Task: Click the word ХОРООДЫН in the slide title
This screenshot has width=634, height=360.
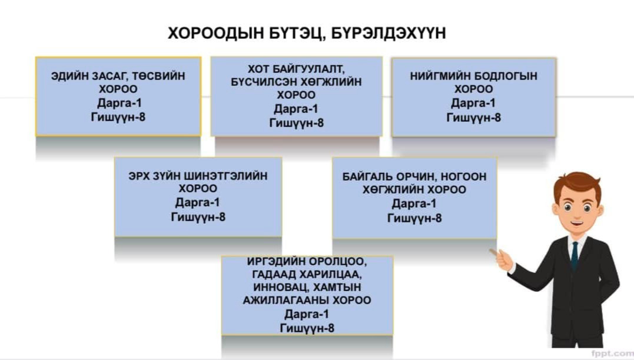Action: coord(216,33)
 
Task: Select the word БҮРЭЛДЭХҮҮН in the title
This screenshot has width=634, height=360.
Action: coord(389,33)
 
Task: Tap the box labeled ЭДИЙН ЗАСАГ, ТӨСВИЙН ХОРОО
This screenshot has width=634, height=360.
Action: coord(118,96)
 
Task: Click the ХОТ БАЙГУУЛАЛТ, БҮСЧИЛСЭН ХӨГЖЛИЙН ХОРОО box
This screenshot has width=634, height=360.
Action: coord(296,96)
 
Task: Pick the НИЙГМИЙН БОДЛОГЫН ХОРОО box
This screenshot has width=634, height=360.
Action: coord(473,97)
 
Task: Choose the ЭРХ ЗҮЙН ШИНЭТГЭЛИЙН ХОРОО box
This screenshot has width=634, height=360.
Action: coord(198,197)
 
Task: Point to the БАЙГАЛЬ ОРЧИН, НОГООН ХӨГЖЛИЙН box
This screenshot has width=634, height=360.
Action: coord(414,198)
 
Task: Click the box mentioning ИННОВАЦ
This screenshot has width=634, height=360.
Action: coord(307,295)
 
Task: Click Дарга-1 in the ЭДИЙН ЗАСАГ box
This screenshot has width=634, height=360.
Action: coord(120,103)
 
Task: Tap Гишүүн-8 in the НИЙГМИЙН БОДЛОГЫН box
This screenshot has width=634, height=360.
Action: coord(473,118)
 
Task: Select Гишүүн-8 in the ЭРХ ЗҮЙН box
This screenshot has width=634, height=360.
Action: coord(198,217)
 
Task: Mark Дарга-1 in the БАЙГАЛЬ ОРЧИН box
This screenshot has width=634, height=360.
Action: coord(414,204)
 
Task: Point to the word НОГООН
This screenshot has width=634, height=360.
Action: coord(463,176)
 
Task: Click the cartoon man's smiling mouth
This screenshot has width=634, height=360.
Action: coord(576,224)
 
